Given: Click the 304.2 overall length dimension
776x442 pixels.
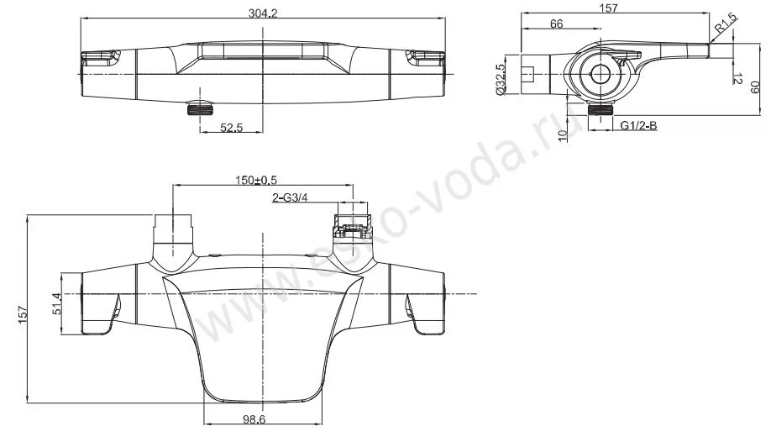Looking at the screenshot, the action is click(262, 13).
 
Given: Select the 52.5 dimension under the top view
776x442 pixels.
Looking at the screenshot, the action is click(232, 127).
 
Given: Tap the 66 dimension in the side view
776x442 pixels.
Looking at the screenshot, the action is click(556, 24).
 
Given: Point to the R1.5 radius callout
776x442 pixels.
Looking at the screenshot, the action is click(726, 24).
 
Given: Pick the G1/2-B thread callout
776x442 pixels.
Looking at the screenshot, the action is click(639, 126).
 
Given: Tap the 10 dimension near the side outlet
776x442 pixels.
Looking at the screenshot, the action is click(562, 135).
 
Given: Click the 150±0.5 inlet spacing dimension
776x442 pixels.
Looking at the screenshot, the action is click(256, 181).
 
